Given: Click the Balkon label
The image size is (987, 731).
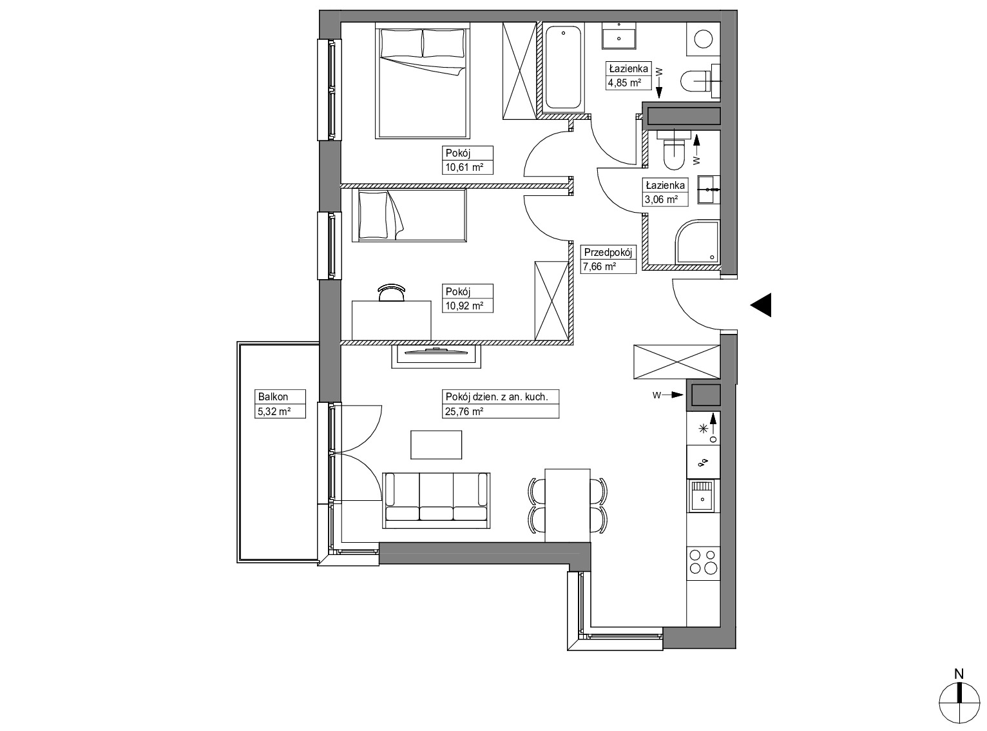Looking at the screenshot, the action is (273, 396).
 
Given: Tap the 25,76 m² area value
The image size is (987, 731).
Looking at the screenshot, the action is (464, 412).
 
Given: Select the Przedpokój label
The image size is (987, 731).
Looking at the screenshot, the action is (608, 252).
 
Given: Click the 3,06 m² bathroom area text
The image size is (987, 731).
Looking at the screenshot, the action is (661, 200).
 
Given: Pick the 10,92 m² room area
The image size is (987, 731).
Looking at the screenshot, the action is (464, 306).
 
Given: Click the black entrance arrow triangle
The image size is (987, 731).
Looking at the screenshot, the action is (761, 305).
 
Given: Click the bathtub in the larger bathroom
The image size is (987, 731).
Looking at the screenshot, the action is (563, 68).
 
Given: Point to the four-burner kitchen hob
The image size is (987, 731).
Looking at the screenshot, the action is (703, 561).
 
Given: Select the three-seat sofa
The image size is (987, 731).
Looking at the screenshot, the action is (436, 501).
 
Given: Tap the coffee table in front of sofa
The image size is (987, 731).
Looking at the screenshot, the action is (436, 445).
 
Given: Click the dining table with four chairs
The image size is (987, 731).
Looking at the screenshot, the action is (568, 505).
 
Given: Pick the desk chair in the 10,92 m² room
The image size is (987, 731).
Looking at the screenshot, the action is (392, 293).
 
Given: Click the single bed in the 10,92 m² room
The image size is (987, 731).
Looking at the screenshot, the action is (409, 215).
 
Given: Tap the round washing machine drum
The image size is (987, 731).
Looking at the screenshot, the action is (704, 39).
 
